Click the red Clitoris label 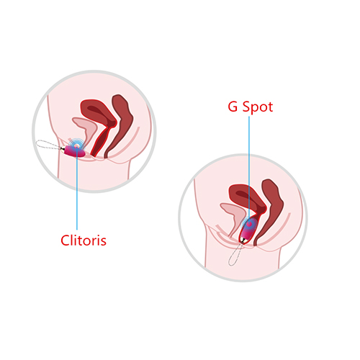pos(84,240)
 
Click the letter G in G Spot pos(233,107)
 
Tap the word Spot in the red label pos(258,107)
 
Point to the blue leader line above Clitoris pos(77,189)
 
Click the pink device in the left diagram pos(74,151)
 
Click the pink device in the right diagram pos(247,230)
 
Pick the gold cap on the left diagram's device pos(63,149)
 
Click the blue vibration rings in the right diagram pos(249,224)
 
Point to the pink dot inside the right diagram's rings pos(249,224)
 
